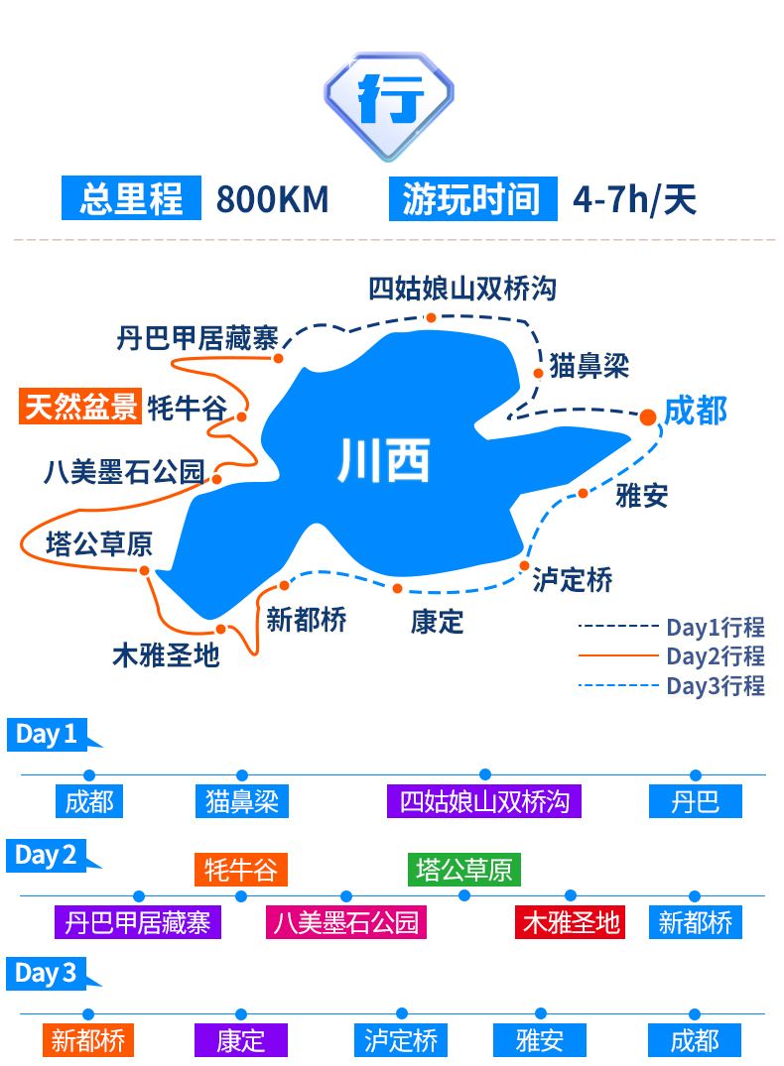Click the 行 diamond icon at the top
tap(389, 103)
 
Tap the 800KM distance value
tap(272, 199)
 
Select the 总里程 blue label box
tap(131, 198)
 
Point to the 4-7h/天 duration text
tap(634, 199)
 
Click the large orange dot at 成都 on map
tap(648, 416)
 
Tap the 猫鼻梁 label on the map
tap(589, 366)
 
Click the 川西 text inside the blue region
tap(384, 460)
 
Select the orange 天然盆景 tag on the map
tap(80, 407)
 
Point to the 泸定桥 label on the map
tap(573, 580)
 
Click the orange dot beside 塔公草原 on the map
tap(144, 570)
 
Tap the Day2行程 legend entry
tap(671, 656)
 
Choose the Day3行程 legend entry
tap(671, 686)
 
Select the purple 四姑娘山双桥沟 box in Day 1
tap(484, 801)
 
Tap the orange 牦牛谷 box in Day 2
tap(241, 870)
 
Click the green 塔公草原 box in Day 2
tap(464, 870)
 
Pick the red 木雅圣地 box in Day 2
tap(571, 922)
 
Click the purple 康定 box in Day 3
tap(241, 1040)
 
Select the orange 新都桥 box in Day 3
tap(87, 1040)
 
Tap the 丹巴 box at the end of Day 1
tap(695, 801)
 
